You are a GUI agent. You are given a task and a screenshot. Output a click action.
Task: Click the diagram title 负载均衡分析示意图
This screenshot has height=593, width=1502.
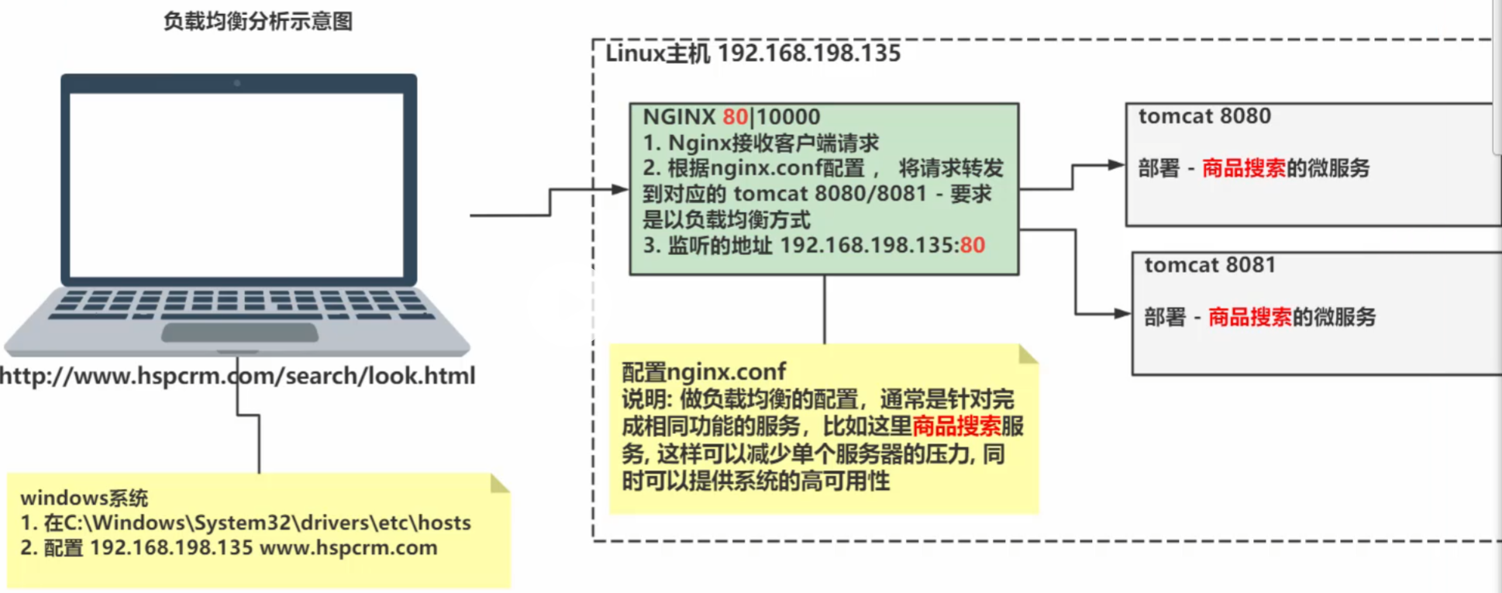click(x=258, y=21)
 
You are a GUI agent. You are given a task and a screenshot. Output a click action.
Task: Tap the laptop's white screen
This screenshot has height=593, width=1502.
click(x=236, y=184)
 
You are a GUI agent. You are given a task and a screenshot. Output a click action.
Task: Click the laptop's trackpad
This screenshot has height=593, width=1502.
click(x=239, y=333)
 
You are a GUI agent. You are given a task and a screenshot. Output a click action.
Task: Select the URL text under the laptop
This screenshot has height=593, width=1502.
click(x=237, y=376)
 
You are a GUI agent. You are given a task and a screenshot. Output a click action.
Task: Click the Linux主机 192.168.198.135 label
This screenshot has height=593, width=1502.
click(x=753, y=53)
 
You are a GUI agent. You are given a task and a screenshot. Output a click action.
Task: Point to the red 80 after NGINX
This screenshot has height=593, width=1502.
click(x=735, y=117)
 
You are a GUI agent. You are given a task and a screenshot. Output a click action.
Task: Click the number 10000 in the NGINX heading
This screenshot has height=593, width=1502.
click(x=788, y=117)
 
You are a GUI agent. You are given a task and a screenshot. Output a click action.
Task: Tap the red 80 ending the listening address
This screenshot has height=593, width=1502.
click(x=972, y=246)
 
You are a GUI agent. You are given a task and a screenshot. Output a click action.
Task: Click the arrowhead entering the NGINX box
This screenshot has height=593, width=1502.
click(x=620, y=189)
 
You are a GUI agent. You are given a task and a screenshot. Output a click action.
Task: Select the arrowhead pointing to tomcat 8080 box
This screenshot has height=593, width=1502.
click(x=1116, y=165)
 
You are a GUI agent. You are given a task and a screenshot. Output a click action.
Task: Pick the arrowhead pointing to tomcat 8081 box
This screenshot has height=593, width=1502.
click(x=1121, y=314)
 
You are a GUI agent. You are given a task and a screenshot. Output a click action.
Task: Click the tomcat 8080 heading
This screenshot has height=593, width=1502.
click(x=1204, y=116)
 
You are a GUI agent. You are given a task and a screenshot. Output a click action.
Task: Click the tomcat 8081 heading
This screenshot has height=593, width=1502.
click(x=1209, y=265)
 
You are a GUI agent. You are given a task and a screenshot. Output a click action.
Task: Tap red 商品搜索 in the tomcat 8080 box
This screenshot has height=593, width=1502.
click(x=1243, y=168)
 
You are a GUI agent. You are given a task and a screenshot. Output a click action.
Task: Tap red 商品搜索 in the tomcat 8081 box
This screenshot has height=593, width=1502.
click(x=1249, y=317)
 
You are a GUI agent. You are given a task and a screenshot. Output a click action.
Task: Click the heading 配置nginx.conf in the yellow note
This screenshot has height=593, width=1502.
click(x=703, y=372)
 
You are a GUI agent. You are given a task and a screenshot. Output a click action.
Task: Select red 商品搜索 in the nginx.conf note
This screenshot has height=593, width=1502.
click(x=956, y=426)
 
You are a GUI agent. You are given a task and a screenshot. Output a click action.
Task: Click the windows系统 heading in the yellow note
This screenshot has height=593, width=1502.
click(x=84, y=498)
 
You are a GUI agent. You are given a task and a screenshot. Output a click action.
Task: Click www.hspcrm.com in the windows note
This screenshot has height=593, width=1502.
click(x=348, y=548)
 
